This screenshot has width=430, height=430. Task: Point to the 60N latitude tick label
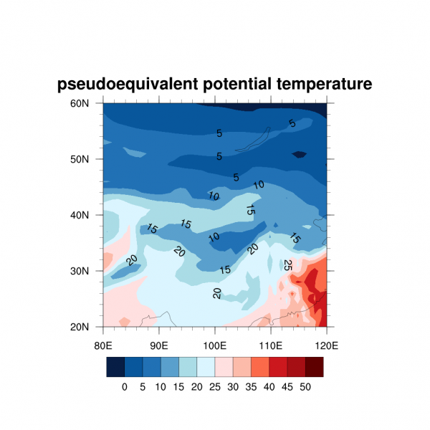click(x=88, y=103)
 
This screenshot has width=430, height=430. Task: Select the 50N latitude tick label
click(x=88, y=159)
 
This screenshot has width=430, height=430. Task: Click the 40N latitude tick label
click(x=88, y=215)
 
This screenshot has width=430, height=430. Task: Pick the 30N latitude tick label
click(x=88, y=271)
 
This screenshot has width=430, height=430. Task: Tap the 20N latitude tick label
click(x=88, y=327)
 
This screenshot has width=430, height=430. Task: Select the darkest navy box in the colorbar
click(x=115, y=367)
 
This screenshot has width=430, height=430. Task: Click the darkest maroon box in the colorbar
click(x=315, y=367)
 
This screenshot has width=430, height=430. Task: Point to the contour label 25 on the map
click(x=288, y=265)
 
